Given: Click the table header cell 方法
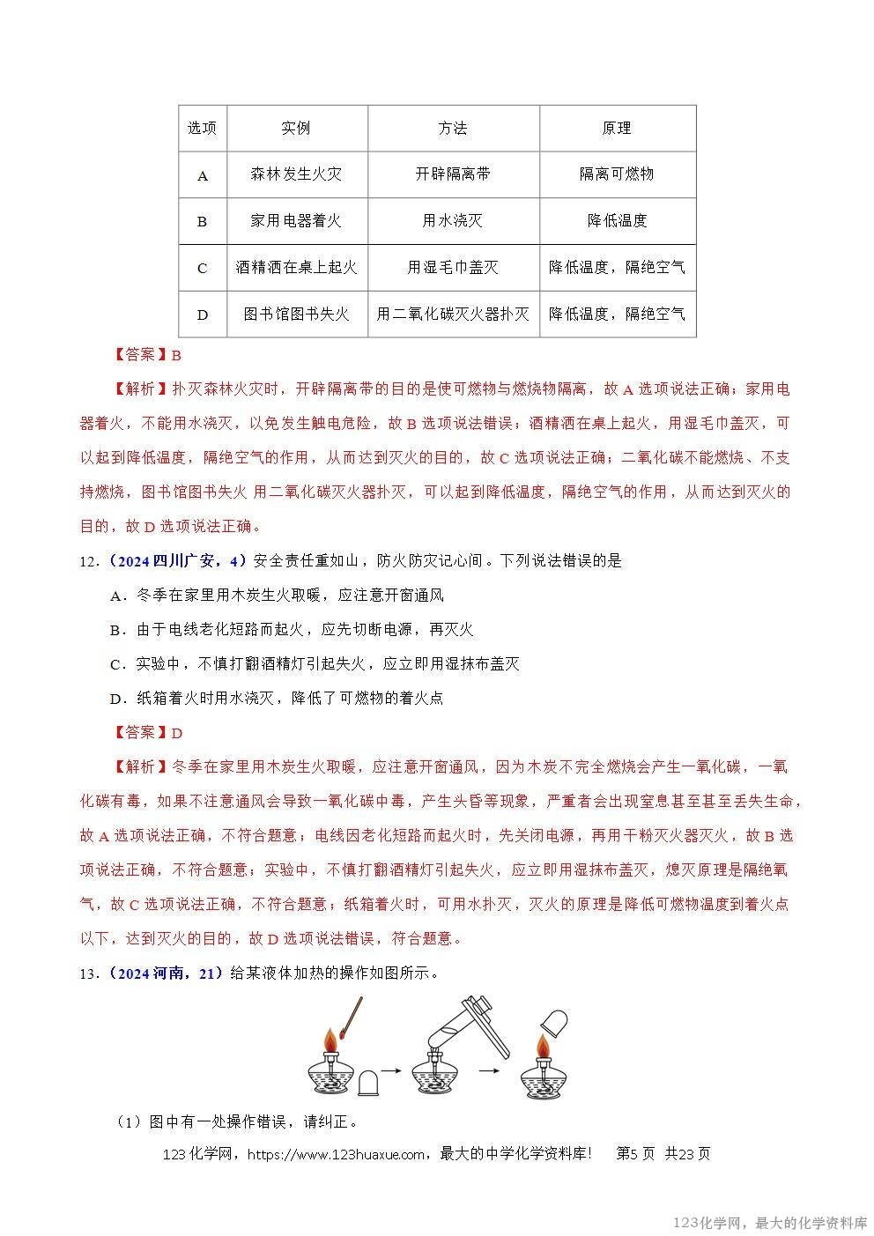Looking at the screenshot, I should (x=453, y=129).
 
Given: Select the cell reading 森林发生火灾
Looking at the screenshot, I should (x=296, y=174).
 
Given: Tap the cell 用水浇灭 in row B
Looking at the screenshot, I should (x=453, y=221).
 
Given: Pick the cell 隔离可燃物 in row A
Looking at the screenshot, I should (x=617, y=174).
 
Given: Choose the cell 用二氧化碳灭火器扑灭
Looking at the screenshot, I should (x=453, y=315).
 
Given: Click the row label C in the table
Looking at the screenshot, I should (x=203, y=269).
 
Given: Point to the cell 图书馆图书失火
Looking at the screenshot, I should (x=296, y=315).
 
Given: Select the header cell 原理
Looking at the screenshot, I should (x=617, y=129).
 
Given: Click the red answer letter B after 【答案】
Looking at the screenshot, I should (x=176, y=356).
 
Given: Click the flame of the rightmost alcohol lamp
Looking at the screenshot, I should (x=544, y=1048).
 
